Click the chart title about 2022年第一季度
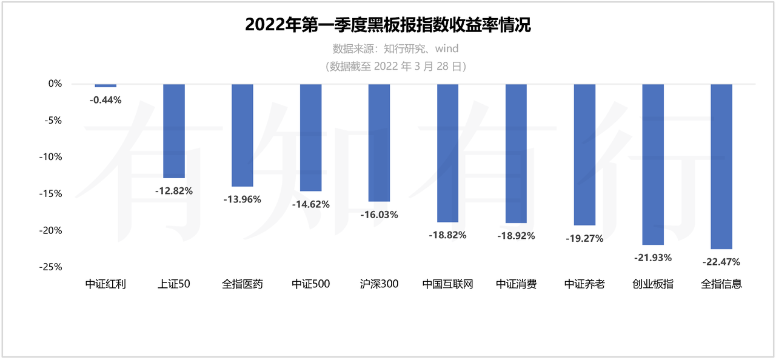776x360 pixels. point(388,25)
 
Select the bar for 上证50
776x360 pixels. point(174,131)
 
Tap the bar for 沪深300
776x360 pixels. point(379,142)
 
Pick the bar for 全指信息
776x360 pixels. point(721,166)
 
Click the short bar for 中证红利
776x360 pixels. point(105,85)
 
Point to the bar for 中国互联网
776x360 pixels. point(447,153)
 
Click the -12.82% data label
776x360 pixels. point(174,191)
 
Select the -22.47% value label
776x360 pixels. point(721,262)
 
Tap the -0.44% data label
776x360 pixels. point(105,100)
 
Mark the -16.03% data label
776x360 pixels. point(379,215)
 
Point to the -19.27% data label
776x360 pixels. point(584,238)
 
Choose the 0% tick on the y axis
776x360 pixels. point(55,84)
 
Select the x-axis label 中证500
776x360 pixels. point(310,284)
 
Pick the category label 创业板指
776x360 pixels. point(653,284)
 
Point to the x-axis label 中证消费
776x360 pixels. point(516,284)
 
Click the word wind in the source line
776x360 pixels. point(446,48)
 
